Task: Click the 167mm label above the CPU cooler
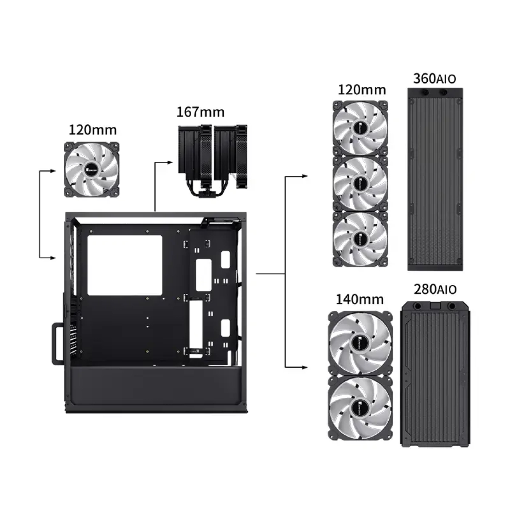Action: pos(200,112)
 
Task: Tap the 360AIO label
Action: pos(435,79)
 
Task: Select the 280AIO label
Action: pos(435,290)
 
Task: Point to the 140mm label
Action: pos(360,299)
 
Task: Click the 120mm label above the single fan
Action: pos(93,130)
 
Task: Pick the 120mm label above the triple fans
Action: pos(362,90)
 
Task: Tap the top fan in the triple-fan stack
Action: pos(360,128)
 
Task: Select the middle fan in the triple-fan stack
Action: pos(360,184)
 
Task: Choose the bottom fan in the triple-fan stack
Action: pos(360,239)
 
